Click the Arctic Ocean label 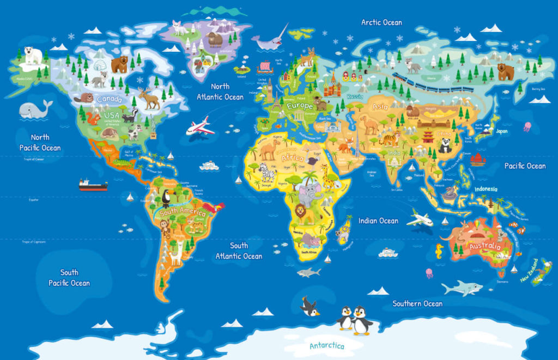click(x=381, y=22)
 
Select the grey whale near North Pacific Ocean click(x=34, y=109)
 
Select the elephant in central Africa click(x=310, y=194)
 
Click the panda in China click(x=445, y=145)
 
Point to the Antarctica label click(x=327, y=346)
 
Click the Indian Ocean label click(x=378, y=221)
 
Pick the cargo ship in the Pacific click(x=93, y=185)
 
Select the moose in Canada click(x=149, y=99)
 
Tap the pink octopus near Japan click(x=527, y=126)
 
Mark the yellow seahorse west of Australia click(x=439, y=251)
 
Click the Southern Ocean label click(x=417, y=303)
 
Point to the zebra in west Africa click(x=267, y=173)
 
